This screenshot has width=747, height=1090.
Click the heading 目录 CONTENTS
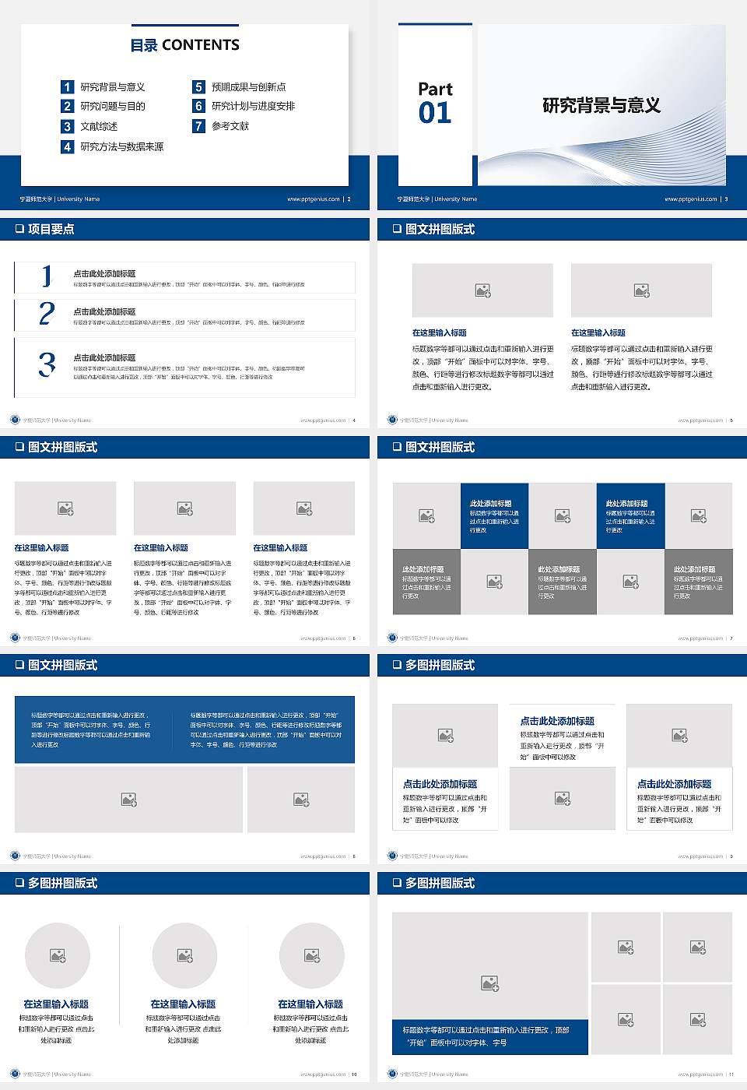[x=184, y=45]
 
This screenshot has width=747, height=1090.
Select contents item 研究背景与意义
[x=112, y=87]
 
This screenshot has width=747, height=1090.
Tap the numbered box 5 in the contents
[x=198, y=87]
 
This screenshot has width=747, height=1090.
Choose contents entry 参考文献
[x=230, y=126]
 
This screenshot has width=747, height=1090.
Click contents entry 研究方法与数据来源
[x=121, y=146]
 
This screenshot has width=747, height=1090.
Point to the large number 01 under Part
[x=435, y=114]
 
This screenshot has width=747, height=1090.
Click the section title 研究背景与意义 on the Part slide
[x=601, y=106]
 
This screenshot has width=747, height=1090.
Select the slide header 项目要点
[x=51, y=229]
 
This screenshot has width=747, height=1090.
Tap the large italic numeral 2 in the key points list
[x=47, y=314]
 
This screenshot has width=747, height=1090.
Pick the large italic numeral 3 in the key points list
[x=47, y=364]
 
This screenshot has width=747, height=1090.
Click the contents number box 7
[x=198, y=126]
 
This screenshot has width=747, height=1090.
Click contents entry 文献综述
[x=99, y=126]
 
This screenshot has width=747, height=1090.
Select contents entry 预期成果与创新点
[x=248, y=87]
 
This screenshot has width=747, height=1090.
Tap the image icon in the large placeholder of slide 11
[x=489, y=984]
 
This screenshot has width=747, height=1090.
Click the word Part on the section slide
[x=435, y=90]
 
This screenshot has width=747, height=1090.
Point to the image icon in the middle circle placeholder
[x=184, y=955]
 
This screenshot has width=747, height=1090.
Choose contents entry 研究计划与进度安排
[x=253, y=107]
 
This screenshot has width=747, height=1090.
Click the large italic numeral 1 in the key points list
[x=47, y=276]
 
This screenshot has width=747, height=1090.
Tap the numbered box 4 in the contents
[x=68, y=146]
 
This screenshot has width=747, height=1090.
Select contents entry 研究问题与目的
[x=112, y=107]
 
